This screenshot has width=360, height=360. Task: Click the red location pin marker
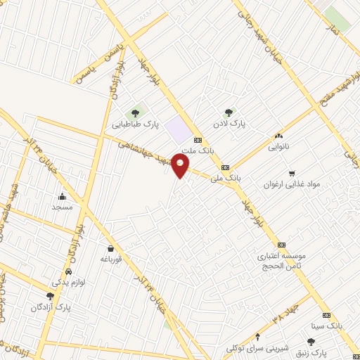(x=181, y=167)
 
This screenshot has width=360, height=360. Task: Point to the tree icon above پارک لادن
(x=228, y=112)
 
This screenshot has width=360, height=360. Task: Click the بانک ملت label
(x=196, y=150)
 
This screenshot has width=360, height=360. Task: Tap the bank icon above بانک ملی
(x=225, y=167)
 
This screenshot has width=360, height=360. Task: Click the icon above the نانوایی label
(x=279, y=136)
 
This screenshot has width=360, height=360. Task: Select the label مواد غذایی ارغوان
(x=292, y=184)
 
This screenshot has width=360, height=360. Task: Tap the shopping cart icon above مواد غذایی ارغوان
(x=292, y=173)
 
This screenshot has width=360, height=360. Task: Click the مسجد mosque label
(x=63, y=207)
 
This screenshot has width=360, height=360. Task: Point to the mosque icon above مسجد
(x=63, y=195)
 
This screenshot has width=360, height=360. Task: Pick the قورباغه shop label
(x=111, y=259)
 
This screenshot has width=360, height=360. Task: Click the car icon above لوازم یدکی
(x=67, y=271)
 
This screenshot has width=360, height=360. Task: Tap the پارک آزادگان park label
(x=51, y=307)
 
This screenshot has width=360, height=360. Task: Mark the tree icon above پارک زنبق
(x=310, y=341)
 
